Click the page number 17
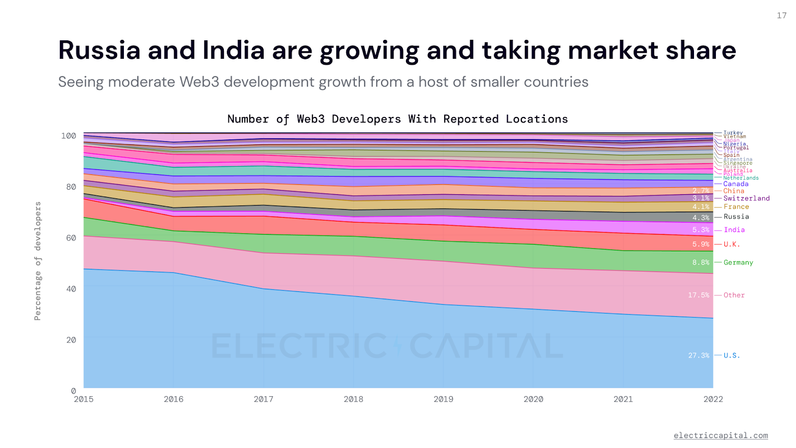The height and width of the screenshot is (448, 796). [x=782, y=15]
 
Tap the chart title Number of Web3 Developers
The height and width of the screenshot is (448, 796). [x=397, y=119]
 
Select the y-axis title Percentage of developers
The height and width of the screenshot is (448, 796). [x=38, y=261]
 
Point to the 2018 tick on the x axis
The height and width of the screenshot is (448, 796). [x=353, y=399]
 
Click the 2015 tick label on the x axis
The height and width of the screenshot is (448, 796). [x=84, y=399]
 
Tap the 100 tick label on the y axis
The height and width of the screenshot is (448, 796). [x=69, y=136]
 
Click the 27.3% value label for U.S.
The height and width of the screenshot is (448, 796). [x=698, y=355]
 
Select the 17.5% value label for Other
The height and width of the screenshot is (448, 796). [x=698, y=295]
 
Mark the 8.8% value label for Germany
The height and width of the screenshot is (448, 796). [x=700, y=262]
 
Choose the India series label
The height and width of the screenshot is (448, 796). [x=734, y=230]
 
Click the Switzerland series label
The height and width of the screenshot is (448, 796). [x=746, y=198]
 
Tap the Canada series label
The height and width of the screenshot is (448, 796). [x=736, y=184]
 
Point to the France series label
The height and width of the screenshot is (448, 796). [x=736, y=207]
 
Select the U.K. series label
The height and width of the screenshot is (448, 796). [x=732, y=244]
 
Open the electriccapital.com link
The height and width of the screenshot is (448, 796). [x=720, y=436]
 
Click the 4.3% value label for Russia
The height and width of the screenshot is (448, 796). [x=700, y=218]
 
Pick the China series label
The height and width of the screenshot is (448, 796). [x=734, y=191]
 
